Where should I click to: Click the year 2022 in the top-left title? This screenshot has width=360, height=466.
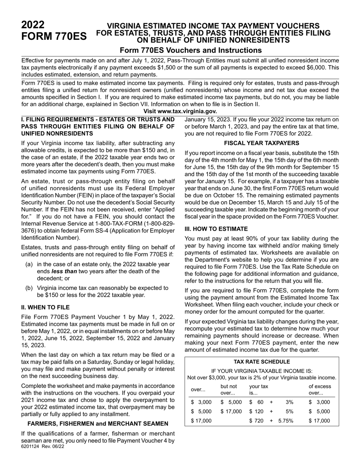(x=33, y=25)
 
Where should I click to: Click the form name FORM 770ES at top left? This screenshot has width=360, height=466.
(x=54, y=37)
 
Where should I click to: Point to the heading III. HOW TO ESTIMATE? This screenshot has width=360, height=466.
(x=216, y=229)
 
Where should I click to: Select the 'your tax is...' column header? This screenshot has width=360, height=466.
(x=258, y=389)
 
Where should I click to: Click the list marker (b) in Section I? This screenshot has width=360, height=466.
(x=29, y=288)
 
